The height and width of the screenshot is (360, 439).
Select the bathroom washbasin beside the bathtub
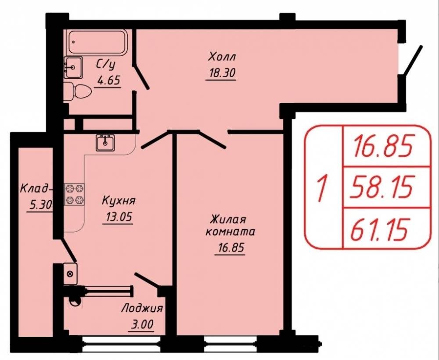[x=73, y=67]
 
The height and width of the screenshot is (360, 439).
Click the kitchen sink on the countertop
[x=105, y=143]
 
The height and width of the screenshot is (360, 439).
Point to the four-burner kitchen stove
[x=75, y=194]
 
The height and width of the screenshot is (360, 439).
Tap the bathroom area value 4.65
[x=108, y=80]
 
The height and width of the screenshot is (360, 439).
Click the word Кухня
[x=119, y=201]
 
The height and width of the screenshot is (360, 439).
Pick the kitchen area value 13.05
[x=119, y=217]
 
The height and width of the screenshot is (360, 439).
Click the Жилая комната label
[x=230, y=225]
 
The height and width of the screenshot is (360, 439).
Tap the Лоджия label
[x=142, y=309]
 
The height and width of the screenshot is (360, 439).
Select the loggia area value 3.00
[x=142, y=325]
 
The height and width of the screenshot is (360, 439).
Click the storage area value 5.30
[x=40, y=205]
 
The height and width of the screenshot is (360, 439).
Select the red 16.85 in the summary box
[x=382, y=146]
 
